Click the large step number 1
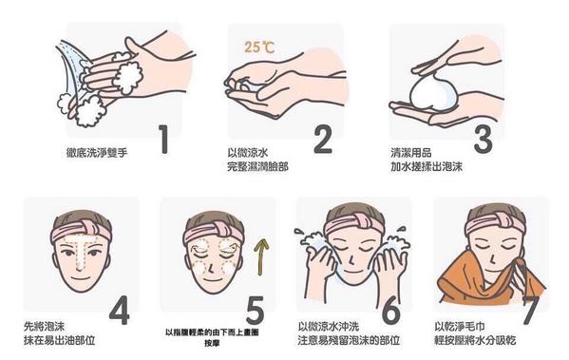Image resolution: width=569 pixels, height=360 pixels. coord(164,139)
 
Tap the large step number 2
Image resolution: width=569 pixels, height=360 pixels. coord(323,139)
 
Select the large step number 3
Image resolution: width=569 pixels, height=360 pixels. coord(483,139)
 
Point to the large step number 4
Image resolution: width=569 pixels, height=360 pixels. coord(120,311)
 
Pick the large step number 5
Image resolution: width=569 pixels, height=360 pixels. coord(256,311)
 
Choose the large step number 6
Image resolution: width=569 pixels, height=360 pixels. coord(391,311)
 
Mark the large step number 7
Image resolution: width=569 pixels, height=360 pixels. coord(533,311)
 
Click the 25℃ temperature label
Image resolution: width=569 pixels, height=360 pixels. coord(259,47)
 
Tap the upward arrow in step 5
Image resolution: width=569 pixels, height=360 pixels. coord(261,256)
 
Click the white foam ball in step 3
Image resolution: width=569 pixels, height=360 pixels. coord(433,91)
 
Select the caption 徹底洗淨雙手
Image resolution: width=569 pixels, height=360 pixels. coord(97,152)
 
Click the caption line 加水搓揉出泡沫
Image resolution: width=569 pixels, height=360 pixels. coord(427,166)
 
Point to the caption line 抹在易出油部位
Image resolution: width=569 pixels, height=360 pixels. coord(60,340)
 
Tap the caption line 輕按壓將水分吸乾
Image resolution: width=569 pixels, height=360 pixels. coord(475,340)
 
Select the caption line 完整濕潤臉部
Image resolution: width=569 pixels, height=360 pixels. coord(257,166)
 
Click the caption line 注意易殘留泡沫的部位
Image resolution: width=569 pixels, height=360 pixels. coord(349,340)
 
